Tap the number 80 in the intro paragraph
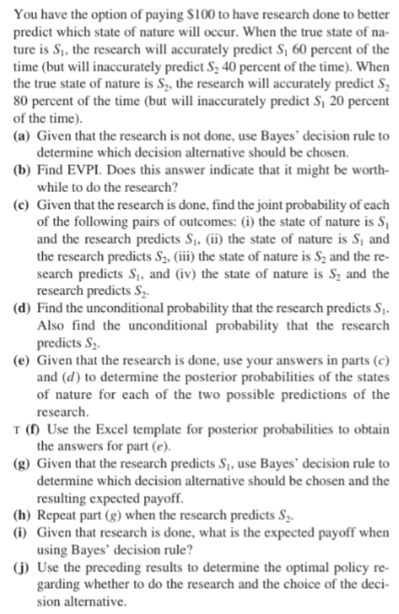coord(22,102)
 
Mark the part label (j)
coord(23,565)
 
